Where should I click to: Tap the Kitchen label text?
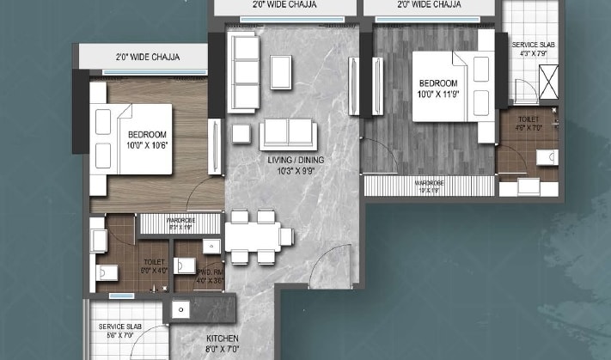click(221, 339)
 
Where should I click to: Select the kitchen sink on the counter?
click(180, 309)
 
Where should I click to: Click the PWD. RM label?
click(187, 275)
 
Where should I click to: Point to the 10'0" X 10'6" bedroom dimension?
click(147, 145)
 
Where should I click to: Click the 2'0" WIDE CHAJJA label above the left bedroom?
click(149, 58)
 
